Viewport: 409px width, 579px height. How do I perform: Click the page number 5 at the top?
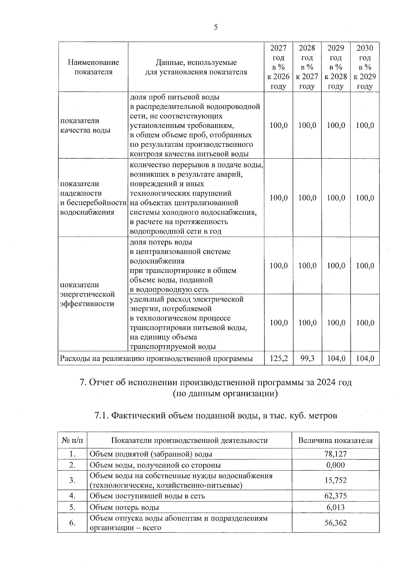pos(216,27)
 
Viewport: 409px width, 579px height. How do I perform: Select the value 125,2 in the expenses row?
pos(278,359)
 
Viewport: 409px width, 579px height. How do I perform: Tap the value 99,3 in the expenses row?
pos(307,359)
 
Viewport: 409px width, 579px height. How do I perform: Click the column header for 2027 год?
pos(278,67)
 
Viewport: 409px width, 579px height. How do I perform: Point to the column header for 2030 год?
pos(365,67)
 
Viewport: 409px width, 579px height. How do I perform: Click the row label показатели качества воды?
pos(85,125)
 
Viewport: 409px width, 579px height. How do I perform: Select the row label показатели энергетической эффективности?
pos(88,294)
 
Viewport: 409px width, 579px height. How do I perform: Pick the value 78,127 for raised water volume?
pos(335,454)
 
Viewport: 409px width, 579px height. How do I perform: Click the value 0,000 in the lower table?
pos(335,465)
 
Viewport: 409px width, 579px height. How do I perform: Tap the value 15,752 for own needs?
pos(335,480)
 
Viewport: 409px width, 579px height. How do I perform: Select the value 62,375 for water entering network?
pos(335,495)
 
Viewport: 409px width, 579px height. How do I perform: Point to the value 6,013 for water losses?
pos(335,507)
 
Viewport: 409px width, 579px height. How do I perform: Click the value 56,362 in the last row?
pos(335,523)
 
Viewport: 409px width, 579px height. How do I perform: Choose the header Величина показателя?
pos(335,440)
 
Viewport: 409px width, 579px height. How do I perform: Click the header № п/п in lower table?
pos(72,440)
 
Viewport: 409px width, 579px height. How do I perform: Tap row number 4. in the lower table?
pos(72,495)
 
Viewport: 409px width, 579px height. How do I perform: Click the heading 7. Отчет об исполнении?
pos(215,382)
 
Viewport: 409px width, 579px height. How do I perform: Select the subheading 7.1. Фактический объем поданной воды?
pos(215,416)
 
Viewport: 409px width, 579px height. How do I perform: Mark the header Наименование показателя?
pos(93,67)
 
